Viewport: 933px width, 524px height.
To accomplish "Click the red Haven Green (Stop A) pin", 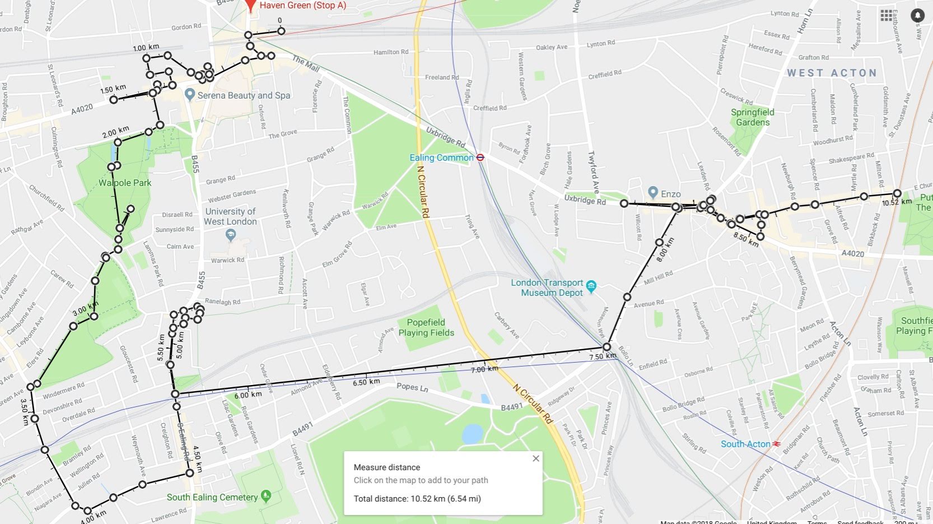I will click(251, 4).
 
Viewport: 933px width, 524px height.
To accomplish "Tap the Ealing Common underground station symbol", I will click(480, 157).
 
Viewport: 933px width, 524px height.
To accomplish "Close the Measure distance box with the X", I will click(535, 458).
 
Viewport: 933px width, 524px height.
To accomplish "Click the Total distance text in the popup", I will click(417, 499).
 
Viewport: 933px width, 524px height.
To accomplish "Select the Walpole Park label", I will click(125, 183).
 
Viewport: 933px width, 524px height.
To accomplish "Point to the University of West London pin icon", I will click(230, 235).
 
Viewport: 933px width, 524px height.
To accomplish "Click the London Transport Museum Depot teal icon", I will click(591, 287).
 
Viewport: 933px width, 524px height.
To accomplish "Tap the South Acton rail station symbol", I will click(777, 444).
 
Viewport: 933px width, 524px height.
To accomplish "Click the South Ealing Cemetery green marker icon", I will click(266, 496).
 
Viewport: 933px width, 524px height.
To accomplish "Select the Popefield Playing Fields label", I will click(426, 327).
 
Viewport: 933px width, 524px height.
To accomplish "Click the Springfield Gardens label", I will click(752, 117).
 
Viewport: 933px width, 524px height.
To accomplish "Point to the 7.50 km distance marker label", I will click(603, 356).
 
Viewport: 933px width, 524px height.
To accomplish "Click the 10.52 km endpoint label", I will click(897, 202).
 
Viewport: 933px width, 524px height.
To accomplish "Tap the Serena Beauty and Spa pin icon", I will click(190, 95).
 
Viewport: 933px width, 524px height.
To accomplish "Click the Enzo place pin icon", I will click(652, 193).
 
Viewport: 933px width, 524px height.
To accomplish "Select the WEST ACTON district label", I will click(831, 73).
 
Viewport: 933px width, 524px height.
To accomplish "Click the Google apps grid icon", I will click(886, 15).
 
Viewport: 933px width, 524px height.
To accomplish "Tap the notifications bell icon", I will click(917, 15).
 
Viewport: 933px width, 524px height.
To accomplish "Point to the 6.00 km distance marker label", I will click(248, 395).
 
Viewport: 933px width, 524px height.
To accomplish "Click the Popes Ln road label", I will click(412, 387).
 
